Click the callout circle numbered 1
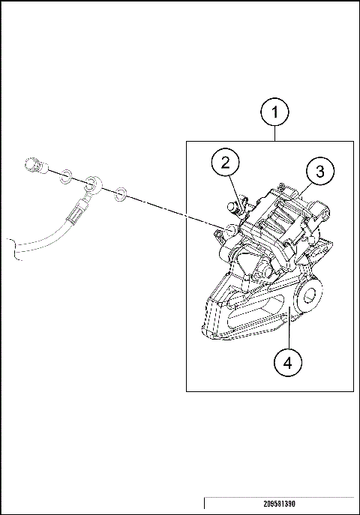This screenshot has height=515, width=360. (x=275, y=113)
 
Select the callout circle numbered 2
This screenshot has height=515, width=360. (x=225, y=162)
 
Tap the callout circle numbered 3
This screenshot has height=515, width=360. (x=319, y=172)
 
